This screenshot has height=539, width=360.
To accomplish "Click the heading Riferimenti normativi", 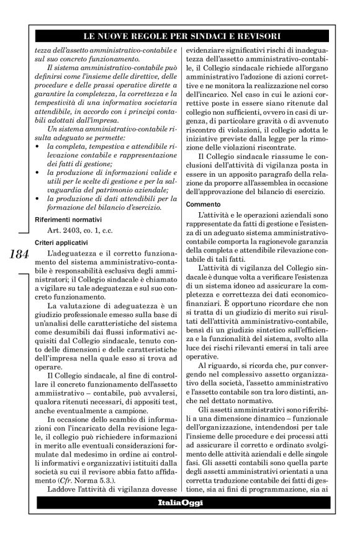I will [x=68, y=219].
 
